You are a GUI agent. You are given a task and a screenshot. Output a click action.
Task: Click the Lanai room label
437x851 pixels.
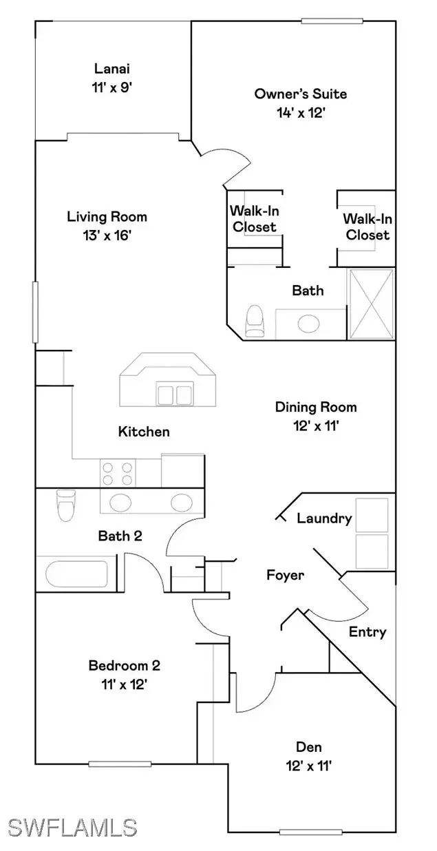pyautogui.click(x=111, y=69)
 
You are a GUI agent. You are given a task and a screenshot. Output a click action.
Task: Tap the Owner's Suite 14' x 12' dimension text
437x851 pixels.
pyautogui.click(x=301, y=113)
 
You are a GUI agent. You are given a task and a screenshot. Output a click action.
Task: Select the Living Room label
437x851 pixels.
pyautogui.click(x=107, y=217)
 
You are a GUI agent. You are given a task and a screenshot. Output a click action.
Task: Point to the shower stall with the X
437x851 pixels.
pyautogui.click(x=371, y=304)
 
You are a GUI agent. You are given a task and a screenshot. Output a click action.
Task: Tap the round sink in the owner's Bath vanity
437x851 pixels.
pyautogui.click(x=308, y=324)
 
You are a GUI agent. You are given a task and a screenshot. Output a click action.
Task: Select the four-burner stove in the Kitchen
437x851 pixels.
pyautogui.click(x=118, y=473)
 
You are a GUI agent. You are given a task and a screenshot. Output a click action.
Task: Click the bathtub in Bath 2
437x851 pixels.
pyautogui.click(x=76, y=574)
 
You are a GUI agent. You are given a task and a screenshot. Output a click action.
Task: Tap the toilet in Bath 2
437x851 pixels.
pyautogui.click(x=66, y=505)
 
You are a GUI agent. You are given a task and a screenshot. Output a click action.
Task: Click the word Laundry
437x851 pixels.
pyautogui.click(x=324, y=518)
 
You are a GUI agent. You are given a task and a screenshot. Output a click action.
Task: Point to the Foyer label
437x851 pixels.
pyautogui.click(x=285, y=575)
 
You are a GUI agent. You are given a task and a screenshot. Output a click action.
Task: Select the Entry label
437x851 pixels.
pyautogui.click(x=367, y=632)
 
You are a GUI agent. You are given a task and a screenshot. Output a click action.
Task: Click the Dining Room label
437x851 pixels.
pyautogui.click(x=316, y=408)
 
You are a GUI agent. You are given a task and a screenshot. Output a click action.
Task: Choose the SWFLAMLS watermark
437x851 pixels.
pyautogui.click(x=72, y=828)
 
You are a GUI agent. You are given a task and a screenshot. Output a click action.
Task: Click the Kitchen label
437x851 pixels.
pyautogui.click(x=144, y=432)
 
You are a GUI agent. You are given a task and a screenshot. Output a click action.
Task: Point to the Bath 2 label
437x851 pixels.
pyautogui.click(x=120, y=536)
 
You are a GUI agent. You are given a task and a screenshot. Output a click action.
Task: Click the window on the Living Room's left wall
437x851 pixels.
pyautogui.click(x=35, y=312)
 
